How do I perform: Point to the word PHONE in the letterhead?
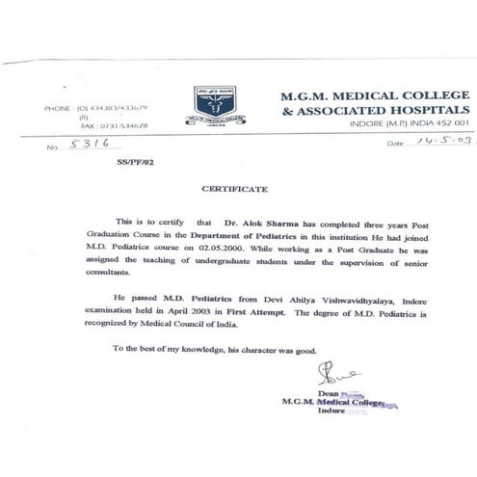59,108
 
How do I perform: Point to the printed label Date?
397,143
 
